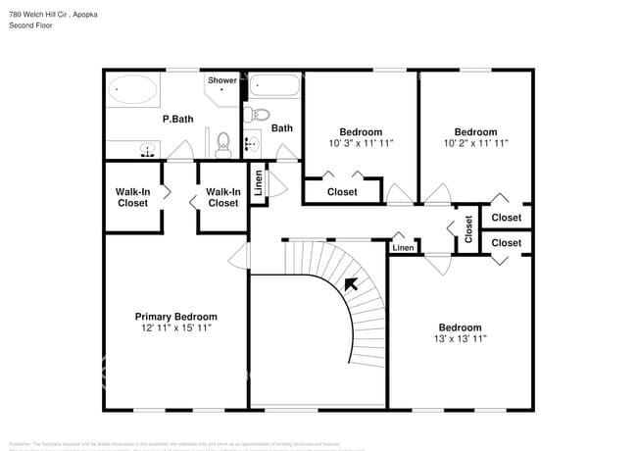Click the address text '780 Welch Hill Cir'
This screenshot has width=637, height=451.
(40, 15)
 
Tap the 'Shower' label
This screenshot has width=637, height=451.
(221, 80)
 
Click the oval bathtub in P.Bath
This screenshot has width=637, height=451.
(132, 92)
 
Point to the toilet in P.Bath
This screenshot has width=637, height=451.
(222, 143)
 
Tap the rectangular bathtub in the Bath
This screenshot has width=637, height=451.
(273, 87)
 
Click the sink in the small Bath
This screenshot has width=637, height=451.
(250, 143)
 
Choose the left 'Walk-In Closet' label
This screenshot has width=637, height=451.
(132, 197)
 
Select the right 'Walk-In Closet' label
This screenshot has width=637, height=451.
(222, 197)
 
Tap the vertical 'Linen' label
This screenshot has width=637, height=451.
(259, 184)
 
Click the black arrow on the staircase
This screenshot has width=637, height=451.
(350, 285)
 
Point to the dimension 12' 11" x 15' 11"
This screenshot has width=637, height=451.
(175, 328)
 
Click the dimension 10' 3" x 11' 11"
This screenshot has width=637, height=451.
(361, 143)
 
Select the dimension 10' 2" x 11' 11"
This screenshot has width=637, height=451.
(475, 143)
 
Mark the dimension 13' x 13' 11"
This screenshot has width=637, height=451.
(460, 338)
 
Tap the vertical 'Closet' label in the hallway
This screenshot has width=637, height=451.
(468, 229)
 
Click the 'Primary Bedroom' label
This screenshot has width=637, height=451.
(175, 317)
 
